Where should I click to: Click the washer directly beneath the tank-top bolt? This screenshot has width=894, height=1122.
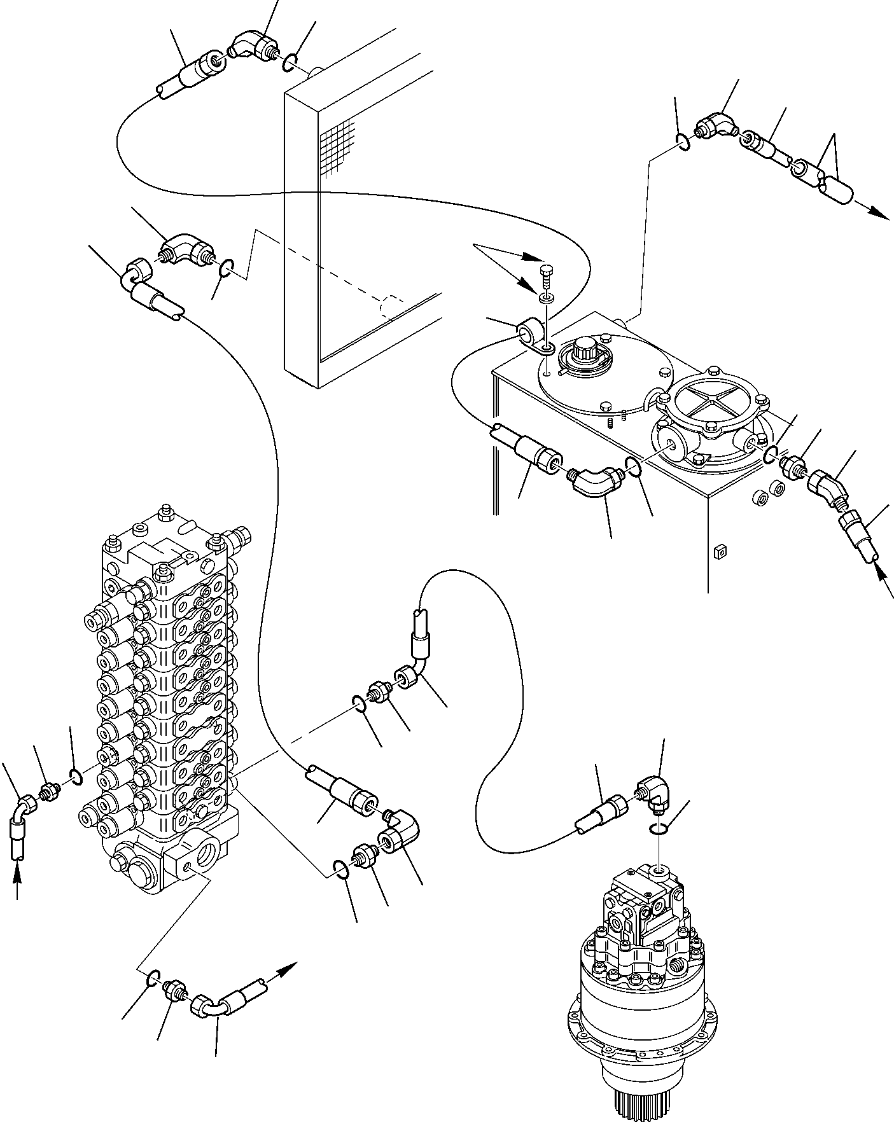(546, 297)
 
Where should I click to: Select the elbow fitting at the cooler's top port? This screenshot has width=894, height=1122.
(251, 48)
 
